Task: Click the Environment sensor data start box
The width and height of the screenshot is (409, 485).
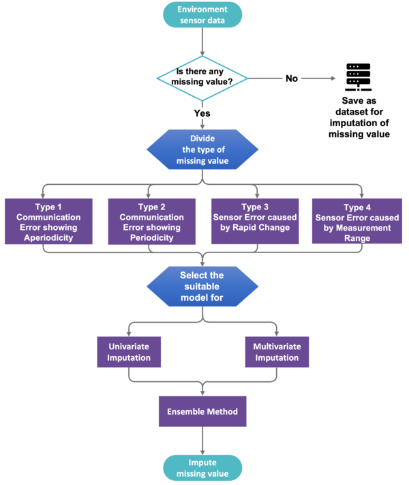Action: [202, 16]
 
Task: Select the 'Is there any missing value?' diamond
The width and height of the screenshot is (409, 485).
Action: [202, 78]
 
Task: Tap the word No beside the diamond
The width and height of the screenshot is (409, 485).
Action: [291, 78]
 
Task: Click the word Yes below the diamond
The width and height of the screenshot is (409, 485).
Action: [202, 113]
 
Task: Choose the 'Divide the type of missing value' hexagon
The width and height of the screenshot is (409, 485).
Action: [202, 150]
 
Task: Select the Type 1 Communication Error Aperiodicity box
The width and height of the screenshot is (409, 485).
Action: [48, 221]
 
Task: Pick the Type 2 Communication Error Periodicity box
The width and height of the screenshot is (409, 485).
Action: [151, 221]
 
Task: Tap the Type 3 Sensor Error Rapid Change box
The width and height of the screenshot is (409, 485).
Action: [255, 221]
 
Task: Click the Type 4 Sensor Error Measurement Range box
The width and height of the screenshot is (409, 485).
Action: [358, 221]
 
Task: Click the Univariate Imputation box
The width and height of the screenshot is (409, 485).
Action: [128, 352]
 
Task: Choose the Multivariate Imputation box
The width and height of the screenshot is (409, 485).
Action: [276, 352]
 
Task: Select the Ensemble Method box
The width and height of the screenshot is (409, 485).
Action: [202, 411]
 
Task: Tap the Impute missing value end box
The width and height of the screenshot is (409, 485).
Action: [202, 468]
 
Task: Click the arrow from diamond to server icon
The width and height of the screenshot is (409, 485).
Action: [319, 78]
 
